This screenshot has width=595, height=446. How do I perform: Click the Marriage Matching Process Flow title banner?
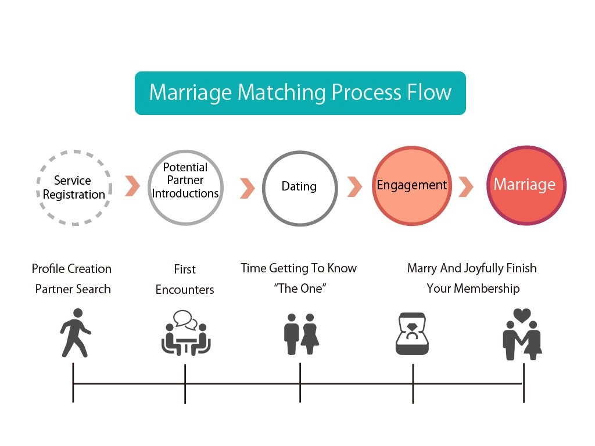click(x=300, y=93)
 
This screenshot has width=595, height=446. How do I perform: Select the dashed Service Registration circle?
click(x=73, y=187)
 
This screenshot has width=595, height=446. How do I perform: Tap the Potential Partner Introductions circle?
click(x=185, y=187)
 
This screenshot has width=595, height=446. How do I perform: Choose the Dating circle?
click(x=299, y=187)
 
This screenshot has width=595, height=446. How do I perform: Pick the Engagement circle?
click(x=411, y=186)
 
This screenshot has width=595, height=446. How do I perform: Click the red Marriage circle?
click(x=525, y=185)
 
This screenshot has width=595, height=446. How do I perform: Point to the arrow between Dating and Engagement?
click(x=354, y=186)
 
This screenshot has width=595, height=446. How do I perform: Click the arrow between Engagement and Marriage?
click(x=465, y=187)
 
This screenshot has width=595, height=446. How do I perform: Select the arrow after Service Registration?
click(x=132, y=186)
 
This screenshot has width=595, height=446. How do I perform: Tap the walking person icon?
click(x=75, y=333)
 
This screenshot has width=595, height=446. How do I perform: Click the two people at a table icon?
click(x=185, y=339)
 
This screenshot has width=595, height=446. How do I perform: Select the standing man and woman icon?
click(x=301, y=334)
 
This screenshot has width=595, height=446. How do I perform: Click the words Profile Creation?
click(x=71, y=269)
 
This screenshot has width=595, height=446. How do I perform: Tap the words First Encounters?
click(x=185, y=279)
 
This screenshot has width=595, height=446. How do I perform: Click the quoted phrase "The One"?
click(x=299, y=288)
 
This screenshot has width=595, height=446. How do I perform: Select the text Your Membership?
click(x=473, y=288)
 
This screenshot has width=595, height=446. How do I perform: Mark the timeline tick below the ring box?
click(x=413, y=383)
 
